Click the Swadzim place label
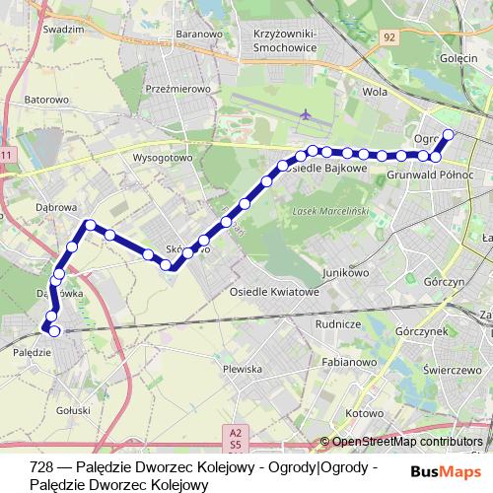coord(64,30)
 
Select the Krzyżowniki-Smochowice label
coord(299,39)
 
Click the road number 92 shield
coord(389,37)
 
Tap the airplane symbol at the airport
coord(306,116)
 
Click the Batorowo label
coord(47,100)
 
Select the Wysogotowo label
coord(163,157)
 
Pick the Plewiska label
coord(243,369)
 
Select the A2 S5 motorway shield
coord(235,437)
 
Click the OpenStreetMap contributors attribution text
coord(406,442)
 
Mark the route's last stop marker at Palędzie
coord(54,331)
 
